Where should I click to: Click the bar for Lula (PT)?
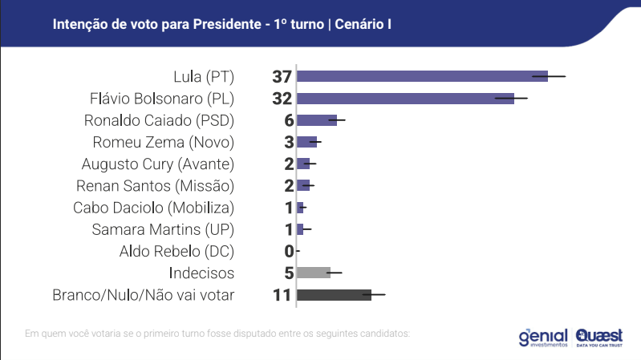pyautogui.click(x=422, y=76)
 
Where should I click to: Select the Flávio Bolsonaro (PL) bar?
pyautogui.click(x=405, y=99)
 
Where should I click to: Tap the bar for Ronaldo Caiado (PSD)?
pyautogui.click(x=316, y=120)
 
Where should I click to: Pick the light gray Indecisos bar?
pyautogui.click(x=313, y=273)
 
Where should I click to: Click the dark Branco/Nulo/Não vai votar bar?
pyautogui.click(x=334, y=295)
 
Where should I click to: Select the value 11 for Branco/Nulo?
pyautogui.click(x=281, y=295)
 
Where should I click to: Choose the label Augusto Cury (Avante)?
pyautogui.click(x=157, y=164)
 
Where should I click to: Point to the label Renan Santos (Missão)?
pyautogui.click(x=159, y=186)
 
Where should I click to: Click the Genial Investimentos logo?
pyautogui.click(x=543, y=336)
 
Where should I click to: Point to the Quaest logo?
pyautogui.click(x=598, y=336)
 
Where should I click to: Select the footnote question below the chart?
pyautogui.click(x=217, y=332)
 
